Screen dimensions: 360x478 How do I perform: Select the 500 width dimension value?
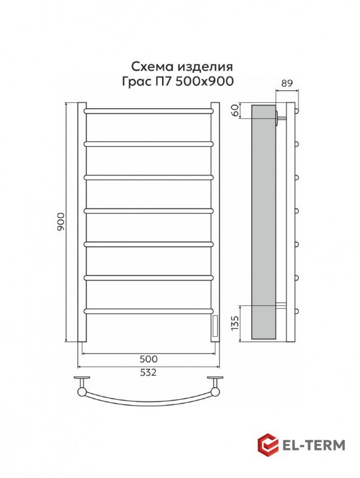click(148, 359)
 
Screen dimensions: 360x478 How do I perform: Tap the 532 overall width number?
click(148, 372)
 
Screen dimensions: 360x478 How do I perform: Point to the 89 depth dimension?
click(287, 83)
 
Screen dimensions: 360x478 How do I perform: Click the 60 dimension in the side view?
click(234, 110)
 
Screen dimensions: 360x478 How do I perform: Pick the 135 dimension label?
click(234, 323)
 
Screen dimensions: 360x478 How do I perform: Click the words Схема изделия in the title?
click(182, 66)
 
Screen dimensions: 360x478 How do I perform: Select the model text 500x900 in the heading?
click(205, 81)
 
